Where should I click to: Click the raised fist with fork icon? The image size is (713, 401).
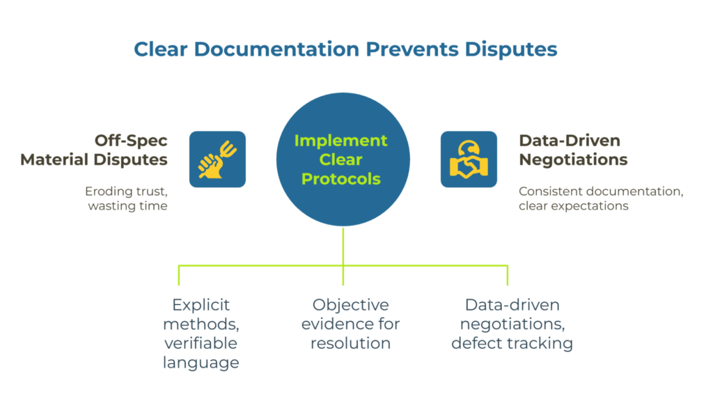tap(217, 159)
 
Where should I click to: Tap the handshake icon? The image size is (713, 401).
tap(469, 159)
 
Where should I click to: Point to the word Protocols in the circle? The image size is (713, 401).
tap(340, 179)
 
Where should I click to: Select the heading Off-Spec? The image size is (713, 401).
tap(130, 140)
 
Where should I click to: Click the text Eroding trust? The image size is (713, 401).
tap(126, 191)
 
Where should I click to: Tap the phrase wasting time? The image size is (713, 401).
tap(127, 206)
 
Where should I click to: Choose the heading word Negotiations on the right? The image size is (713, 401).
tap(573, 159)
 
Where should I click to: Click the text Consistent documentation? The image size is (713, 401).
tap(601, 191)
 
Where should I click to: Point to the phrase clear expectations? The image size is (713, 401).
tap(573, 206)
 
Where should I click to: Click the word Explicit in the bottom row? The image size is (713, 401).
tap(201, 305)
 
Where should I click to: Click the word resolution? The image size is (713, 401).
tap(350, 343)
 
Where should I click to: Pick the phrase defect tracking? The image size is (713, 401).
tap(512, 343)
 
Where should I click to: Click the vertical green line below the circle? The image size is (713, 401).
tap(343, 247)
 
